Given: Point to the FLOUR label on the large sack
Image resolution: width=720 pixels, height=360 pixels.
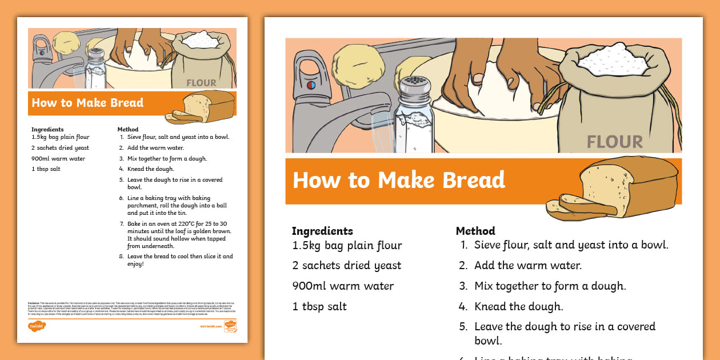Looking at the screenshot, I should (x=614, y=141).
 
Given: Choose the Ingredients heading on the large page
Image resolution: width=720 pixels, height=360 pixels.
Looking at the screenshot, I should (x=322, y=231).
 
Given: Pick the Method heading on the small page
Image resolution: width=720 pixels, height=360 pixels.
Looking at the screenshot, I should (x=128, y=130).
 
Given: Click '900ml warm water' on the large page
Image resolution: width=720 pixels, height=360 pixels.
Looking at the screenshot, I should (x=343, y=286).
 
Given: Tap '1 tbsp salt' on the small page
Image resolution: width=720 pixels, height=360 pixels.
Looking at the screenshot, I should (x=46, y=169).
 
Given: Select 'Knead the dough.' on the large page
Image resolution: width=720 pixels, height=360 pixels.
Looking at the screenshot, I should (x=518, y=306).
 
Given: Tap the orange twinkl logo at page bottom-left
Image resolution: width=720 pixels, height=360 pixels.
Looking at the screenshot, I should (x=37, y=326).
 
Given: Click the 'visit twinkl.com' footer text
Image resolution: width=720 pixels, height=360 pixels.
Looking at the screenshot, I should (x=210, y=326).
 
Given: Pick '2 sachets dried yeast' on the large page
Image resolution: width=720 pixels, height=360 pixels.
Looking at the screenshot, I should (x=346, y=265).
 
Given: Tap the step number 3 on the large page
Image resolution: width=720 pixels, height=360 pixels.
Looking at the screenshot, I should (x=463, y=286).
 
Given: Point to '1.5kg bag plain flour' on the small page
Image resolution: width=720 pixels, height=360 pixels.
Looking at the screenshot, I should (x=61, y=137).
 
